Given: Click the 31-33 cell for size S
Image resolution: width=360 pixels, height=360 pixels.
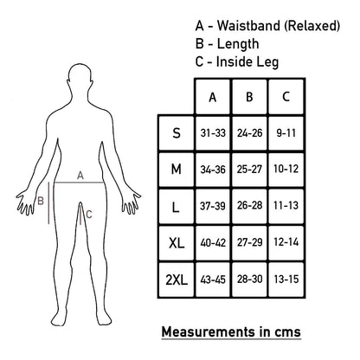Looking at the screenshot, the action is [x=213, y=133].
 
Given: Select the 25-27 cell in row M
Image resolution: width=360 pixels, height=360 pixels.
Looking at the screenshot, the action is [x=249, y=170].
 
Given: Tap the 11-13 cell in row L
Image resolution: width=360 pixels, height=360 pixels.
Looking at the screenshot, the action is [x=286, y=206].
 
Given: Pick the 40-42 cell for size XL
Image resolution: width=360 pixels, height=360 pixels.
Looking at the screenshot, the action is [x=213, y=242].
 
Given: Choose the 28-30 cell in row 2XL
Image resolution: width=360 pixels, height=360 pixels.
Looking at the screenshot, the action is [x=249, y=280].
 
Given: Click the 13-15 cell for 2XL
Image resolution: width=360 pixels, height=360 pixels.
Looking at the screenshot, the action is [x=286, y=280].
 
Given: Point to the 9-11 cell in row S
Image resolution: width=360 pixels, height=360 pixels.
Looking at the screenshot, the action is [x=286, y=133].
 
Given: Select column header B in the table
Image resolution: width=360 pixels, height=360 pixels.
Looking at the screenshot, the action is [x=249, y=97].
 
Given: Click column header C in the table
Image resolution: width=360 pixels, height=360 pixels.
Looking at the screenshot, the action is [x=286, y=97].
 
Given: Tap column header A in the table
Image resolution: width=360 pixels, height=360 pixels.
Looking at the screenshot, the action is [x=213, y=97].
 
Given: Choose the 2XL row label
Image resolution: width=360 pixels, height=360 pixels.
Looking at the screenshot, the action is [x=177, y=280].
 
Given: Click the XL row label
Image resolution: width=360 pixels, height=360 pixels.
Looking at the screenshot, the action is [x=177, y=242].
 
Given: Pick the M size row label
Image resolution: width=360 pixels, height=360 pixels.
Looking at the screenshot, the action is [x=177, y=170].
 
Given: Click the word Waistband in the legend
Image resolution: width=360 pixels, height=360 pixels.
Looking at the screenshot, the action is [x=248, y=25].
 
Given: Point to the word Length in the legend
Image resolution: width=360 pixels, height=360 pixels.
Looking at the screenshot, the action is [x=238, y=44].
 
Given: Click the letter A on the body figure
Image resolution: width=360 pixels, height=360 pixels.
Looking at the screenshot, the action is [x=80, y=175].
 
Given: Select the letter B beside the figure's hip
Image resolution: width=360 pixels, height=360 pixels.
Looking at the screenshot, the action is [x=41, y=201].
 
